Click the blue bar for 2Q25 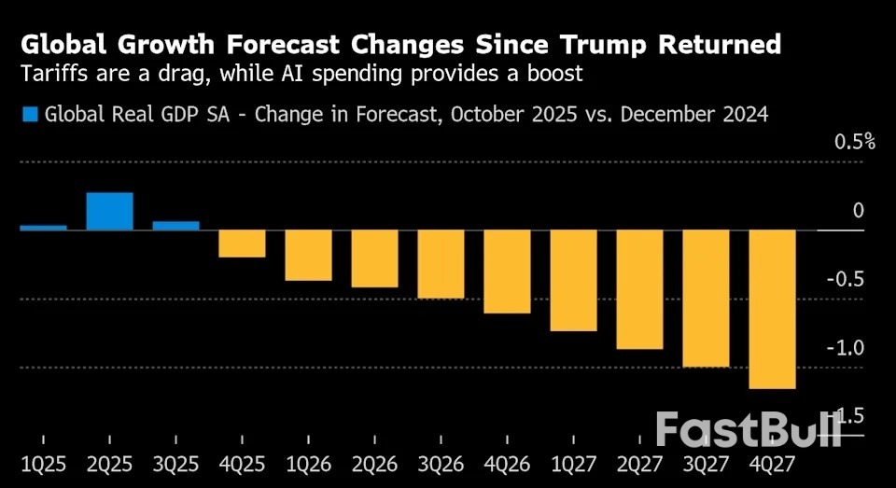point(110,211)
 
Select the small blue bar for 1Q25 point(43,227)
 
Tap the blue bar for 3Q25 point(175,225)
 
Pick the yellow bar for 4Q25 point(242,244)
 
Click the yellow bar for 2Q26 point(375,258)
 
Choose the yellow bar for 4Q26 point(508,272)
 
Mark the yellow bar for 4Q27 point(773,309)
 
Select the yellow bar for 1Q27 point(574,280)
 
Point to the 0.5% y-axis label point(854,142)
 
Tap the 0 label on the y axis point(859,211)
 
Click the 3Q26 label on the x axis point(441,463)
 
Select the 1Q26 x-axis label point(309,463)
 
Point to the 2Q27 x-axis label point(640,463)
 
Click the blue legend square point(29,115)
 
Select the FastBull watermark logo point(748,428)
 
